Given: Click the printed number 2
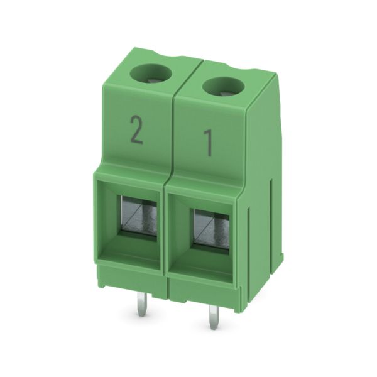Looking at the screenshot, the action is [136, 129].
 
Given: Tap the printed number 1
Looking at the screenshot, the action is [208, 143].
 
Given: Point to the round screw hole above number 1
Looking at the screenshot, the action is [223, 87].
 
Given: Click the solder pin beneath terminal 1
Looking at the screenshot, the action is [213, 317].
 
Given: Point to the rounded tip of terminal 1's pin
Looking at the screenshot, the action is [213, 327].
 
